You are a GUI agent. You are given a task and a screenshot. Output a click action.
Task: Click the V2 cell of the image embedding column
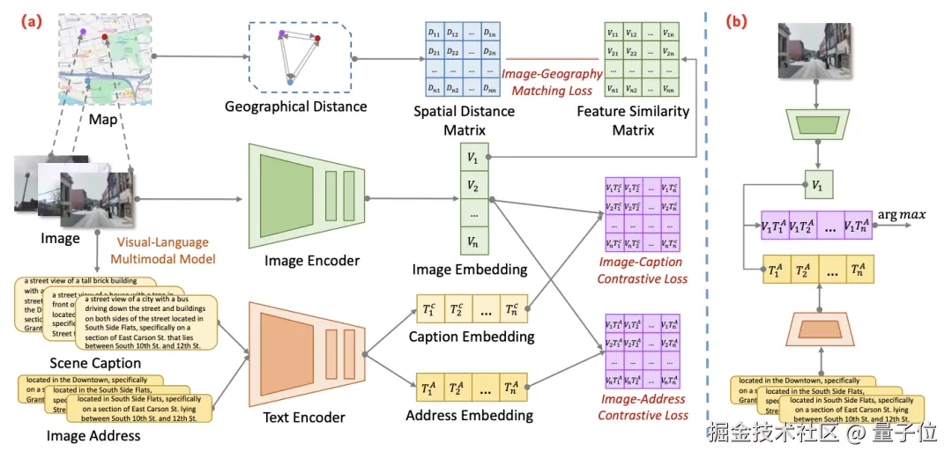pos(474,186)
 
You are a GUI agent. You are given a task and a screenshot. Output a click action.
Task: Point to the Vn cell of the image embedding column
pos(474,239)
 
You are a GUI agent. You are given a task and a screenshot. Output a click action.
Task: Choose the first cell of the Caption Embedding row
pos(429,309)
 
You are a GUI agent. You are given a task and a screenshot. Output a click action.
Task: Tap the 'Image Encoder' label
pos(313,260)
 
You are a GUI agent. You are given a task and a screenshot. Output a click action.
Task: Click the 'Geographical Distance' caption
pos(295,107)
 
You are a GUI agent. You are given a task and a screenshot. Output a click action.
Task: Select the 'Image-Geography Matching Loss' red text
pos(552,82)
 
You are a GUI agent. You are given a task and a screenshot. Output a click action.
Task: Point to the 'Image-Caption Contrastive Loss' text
pos(642,270)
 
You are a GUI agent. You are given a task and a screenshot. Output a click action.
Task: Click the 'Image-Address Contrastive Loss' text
pos(642,406)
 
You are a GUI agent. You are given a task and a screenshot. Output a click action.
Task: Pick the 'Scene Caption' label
pos(95,363)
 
